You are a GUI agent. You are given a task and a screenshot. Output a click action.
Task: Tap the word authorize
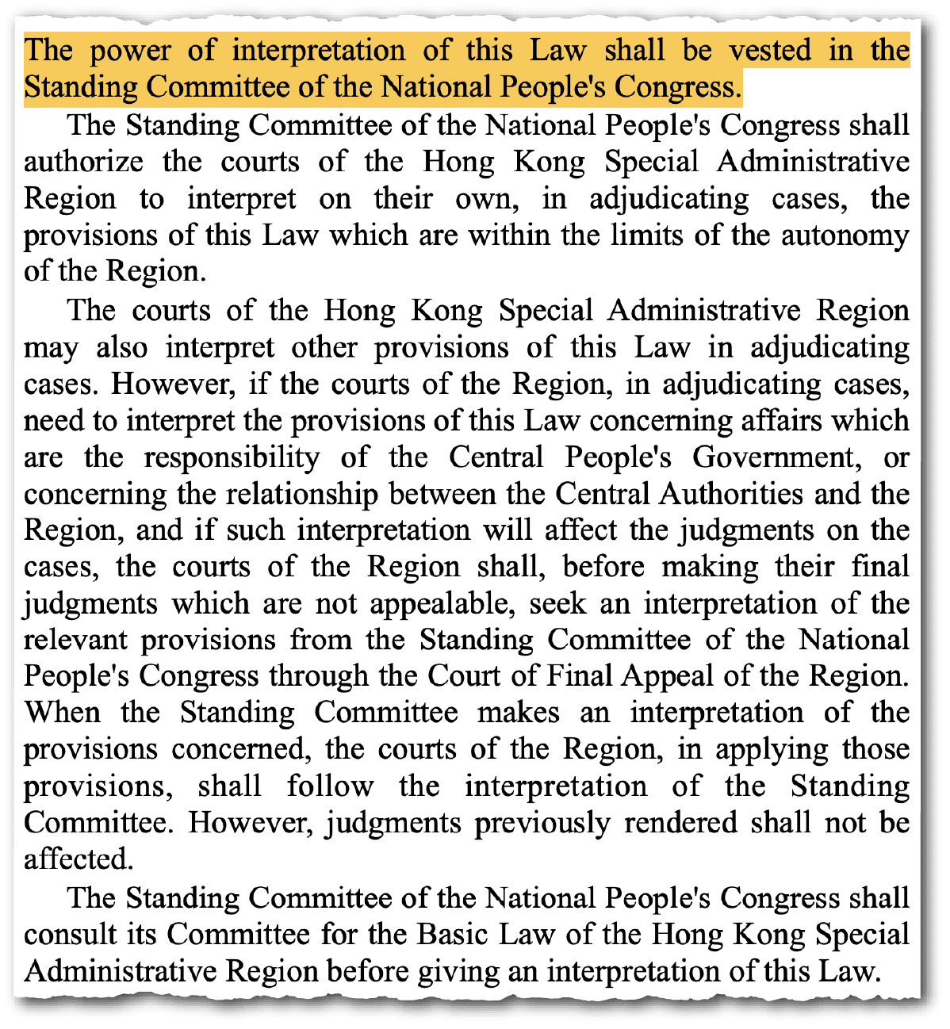tap(84, 162)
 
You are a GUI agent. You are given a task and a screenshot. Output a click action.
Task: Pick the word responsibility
tap(232, 457)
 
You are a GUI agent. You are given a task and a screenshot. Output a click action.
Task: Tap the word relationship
tap(302, 494)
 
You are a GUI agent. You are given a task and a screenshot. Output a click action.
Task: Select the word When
tap(62, 712)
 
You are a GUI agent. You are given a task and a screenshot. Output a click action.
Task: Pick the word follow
tap(330, 786)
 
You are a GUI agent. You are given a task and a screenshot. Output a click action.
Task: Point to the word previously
tap(543, 823)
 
